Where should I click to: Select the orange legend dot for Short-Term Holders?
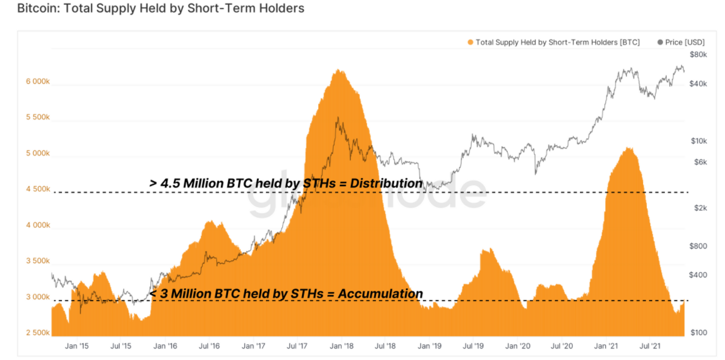[x=470, y=42]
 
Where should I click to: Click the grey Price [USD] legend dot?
[x=660, y=42]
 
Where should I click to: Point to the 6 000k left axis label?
[x=38, y=81]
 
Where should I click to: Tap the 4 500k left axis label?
[x=38, y=189]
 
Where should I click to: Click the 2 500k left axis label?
[x=38, y=332]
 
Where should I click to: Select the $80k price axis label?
[x=698, y=54]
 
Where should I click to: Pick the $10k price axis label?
[x=699, y=141]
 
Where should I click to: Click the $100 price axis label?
[x=699, y=332]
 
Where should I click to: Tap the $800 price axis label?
[x=698, y=246]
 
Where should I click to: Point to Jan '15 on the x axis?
[x=76, y=346]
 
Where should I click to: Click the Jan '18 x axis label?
[x=342, y=346]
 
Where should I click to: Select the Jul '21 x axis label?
[x=650, y=346]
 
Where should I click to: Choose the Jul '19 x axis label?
[x=473, y=346]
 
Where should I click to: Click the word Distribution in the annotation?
[x=386, y=183]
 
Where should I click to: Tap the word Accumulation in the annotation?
[x=380, y=294]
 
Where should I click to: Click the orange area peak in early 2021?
[x=629, y=148]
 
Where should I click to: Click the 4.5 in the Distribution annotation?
[x=170, y=183]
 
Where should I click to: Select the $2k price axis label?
[x=700, y=208]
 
